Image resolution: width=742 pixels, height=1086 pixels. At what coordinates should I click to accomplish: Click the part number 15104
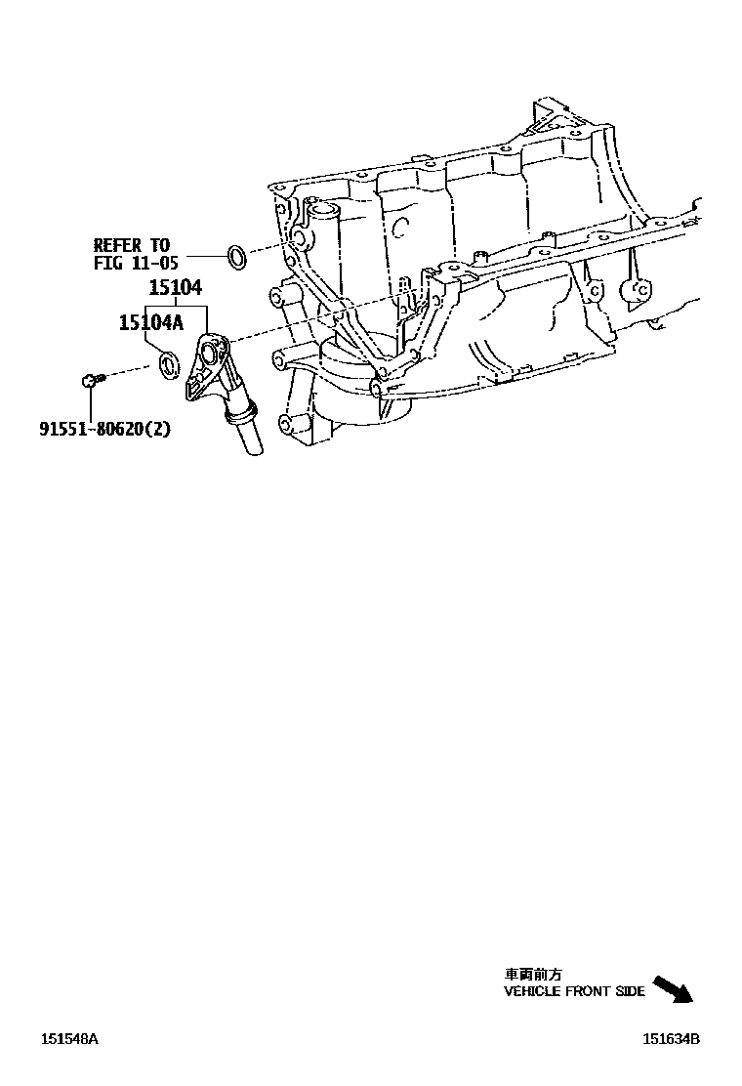pos(175,288)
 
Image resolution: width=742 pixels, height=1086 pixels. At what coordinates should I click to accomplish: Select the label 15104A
pos(150,323)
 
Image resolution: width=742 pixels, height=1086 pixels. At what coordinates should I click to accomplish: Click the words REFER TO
pos(131,245)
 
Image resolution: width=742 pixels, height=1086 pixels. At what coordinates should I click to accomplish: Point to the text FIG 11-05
pos(136,263)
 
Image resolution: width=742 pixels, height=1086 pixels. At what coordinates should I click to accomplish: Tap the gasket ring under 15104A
pos(170,366)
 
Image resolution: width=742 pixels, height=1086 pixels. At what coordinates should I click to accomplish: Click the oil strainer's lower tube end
pos(249,445)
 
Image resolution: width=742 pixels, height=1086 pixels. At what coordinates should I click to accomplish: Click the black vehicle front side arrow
pos(673,989)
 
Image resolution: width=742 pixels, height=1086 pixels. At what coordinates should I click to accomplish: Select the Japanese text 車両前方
pos(532,974)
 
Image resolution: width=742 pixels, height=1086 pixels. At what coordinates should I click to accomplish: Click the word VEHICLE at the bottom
pos(530,991)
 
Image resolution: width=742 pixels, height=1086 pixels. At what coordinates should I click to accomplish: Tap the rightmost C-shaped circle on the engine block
pos(641,290)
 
